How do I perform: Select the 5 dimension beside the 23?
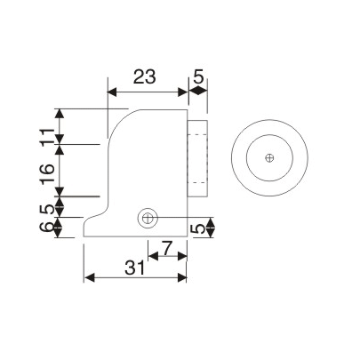[199, 76]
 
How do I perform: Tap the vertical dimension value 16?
[46, 170]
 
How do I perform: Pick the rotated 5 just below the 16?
[46, 207]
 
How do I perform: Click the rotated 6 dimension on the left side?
[46, 228]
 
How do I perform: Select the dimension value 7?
[166, 249]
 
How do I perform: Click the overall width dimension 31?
[135, 266]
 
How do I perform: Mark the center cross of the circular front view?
[269, 158]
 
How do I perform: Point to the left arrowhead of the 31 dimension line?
[87, 278]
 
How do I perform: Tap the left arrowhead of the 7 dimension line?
[150, 258]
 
